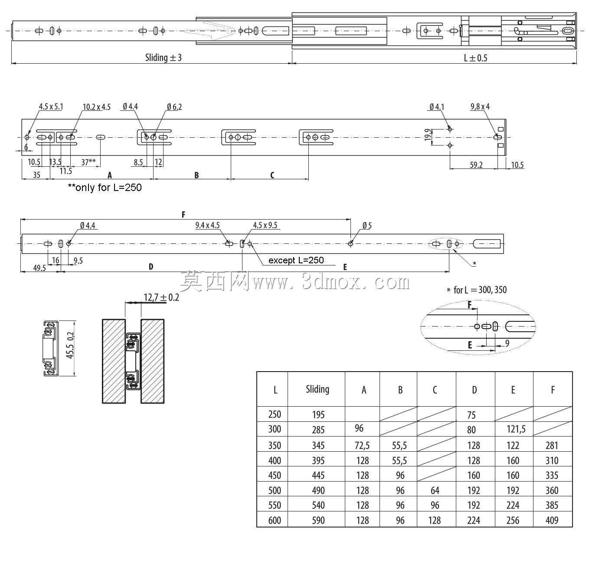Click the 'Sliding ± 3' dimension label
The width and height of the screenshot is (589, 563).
[x=164, y=58]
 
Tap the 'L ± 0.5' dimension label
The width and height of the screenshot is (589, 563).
[x=475, y=58]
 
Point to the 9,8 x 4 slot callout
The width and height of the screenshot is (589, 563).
[x=480, y=107]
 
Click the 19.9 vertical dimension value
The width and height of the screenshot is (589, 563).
[x=428, y=135]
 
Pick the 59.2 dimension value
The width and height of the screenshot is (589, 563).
[x=476, y=165]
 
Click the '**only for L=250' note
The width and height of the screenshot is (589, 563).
[x=105, y=188]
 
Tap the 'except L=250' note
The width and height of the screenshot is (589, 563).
[x=296, y=260]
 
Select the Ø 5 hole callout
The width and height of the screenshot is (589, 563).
[x=367, y=226]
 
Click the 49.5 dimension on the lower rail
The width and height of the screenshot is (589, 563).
[x=39, y=268]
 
